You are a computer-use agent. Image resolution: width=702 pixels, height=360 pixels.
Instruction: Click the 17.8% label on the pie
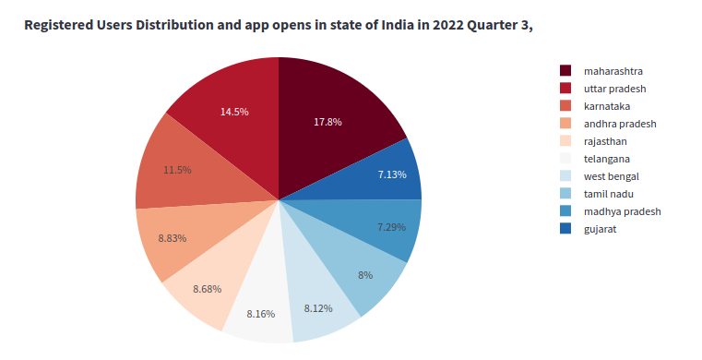click(x=327, y=122)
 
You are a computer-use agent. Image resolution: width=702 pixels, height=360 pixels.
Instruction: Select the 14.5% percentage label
click(x=233, y=112)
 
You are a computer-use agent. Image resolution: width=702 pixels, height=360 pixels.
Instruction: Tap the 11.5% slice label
click(x=177, y=170)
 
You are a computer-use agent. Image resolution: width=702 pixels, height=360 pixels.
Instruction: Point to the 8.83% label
click(x=173, y=238)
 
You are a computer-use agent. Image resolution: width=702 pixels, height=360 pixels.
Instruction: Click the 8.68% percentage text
click(x=208, y=290)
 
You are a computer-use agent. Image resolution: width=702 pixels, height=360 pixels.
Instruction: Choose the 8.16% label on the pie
click(x=261, y=314)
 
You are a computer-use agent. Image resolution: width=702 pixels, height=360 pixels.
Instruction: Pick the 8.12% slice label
click(x=318, y=308)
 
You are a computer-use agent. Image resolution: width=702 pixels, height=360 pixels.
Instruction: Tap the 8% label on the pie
click(x=365, y=275)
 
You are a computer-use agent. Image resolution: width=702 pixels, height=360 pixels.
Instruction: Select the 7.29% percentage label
click(x=391, y=227)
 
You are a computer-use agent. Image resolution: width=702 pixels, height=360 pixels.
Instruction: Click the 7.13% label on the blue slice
click(x=392, y=174)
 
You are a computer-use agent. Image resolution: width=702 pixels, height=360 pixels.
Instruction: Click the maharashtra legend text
click(x=613, y=71)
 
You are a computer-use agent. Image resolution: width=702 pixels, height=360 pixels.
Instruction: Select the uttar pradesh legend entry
click(x=614, y=89)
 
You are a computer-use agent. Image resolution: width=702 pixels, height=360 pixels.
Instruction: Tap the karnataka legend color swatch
click(x=565, y=106)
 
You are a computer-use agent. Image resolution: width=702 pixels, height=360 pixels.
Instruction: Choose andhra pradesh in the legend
click(x=619, y=124)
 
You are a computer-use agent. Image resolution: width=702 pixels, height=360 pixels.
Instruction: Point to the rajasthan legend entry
click(x=605, y=141)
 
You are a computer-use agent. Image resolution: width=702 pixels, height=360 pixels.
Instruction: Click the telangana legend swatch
click(x=565, y=159)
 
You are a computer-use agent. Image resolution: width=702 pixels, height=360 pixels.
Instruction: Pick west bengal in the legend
click(x=611, y=176)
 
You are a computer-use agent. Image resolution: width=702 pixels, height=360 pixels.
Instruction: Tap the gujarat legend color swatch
click(x=565, y=229)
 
